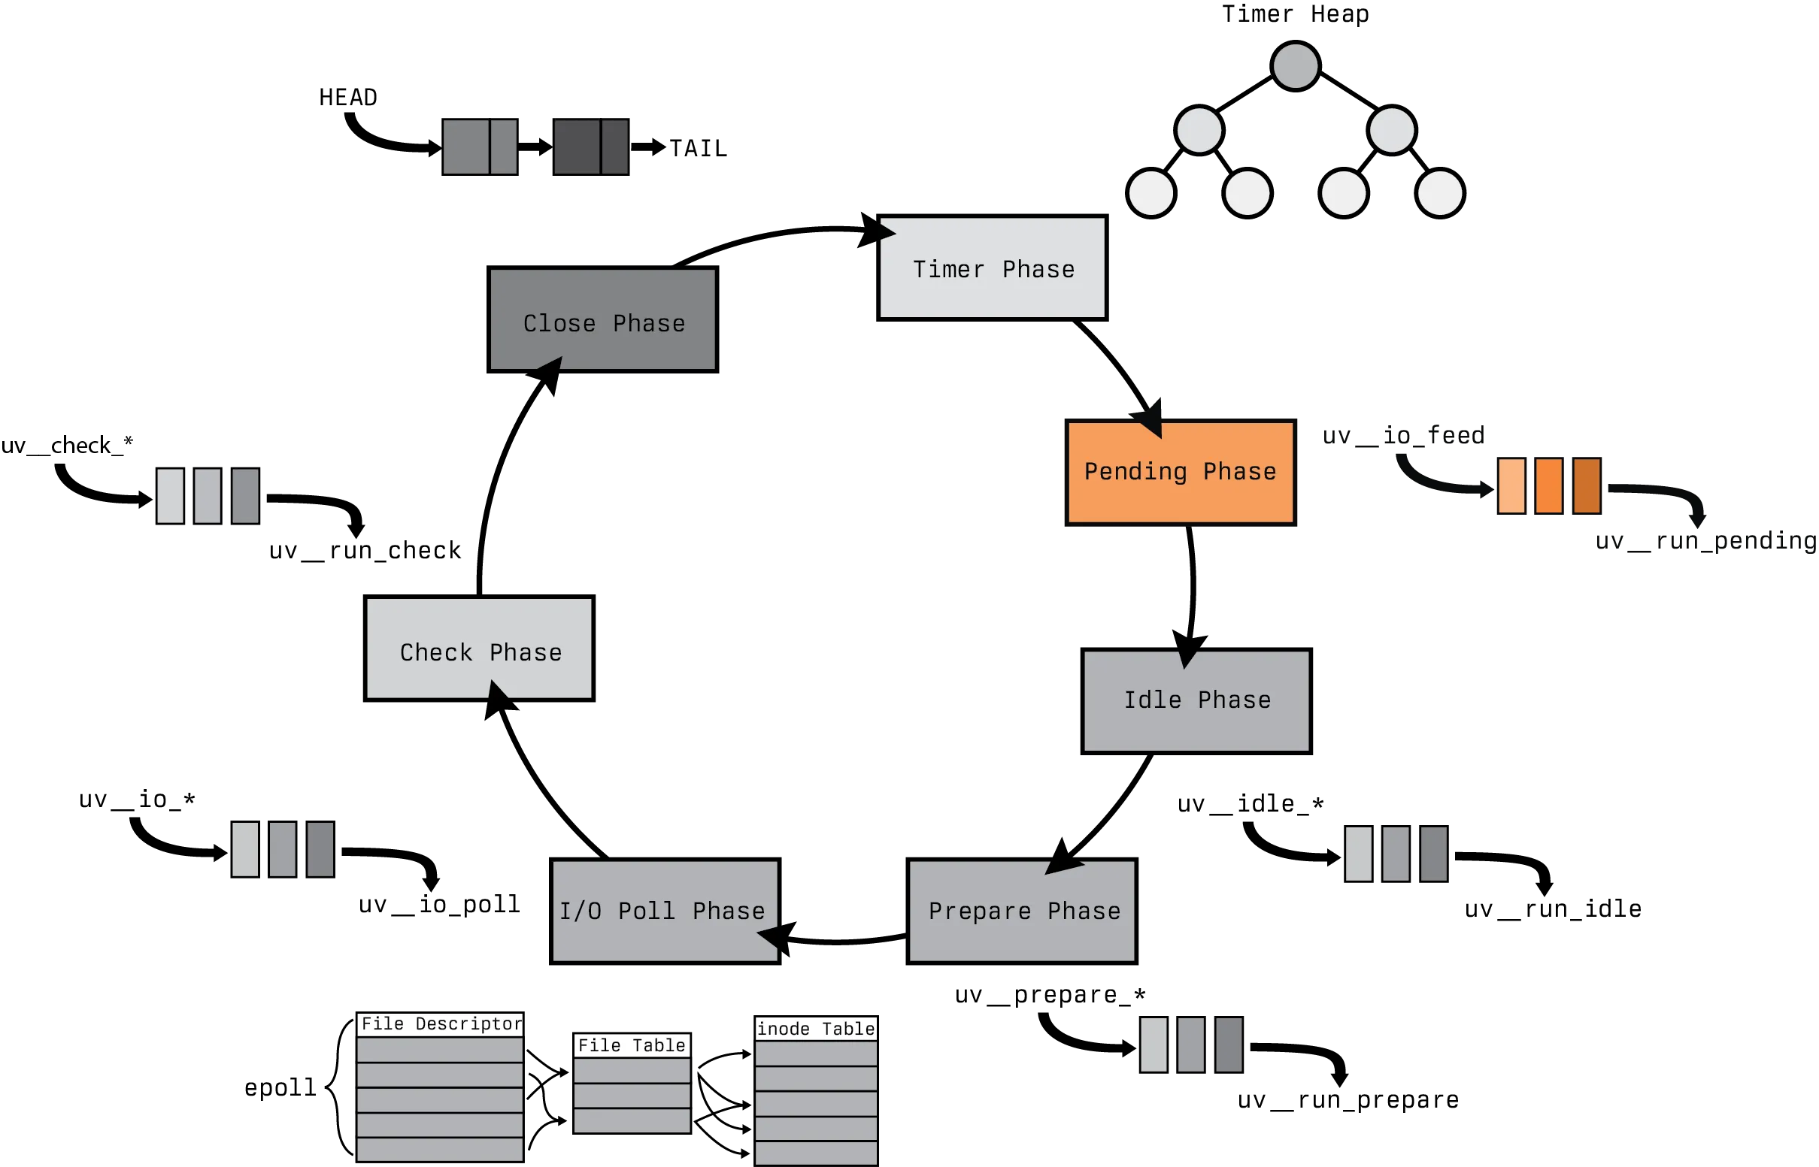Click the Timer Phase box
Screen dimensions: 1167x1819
993,268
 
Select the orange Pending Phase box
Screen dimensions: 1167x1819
1179,471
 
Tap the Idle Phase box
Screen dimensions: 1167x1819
1196,700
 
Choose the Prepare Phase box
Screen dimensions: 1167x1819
1022,910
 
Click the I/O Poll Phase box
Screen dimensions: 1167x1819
664,910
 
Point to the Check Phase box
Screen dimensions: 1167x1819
481,646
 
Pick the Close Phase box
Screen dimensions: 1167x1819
602,322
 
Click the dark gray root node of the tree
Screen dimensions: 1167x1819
1295,66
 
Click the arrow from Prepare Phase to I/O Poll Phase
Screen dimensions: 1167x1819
841,942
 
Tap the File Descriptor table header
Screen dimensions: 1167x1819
441,1023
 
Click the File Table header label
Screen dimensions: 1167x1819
632,1046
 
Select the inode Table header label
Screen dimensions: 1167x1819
816,1028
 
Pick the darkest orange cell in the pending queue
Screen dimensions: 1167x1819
1586,486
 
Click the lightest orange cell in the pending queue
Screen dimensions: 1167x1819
1512,486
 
